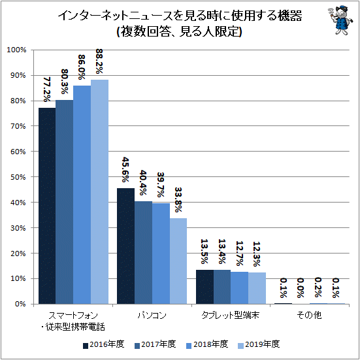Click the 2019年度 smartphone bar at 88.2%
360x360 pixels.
tap(100, 191)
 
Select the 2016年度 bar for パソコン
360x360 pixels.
tap(126, 246)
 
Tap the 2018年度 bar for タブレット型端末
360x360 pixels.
tap(240, 288)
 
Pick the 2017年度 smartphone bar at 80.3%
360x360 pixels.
tap(65, 202)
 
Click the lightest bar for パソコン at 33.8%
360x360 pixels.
tap(178, 261)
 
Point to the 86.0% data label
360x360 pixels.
tap(82, 67)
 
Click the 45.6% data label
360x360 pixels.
tap(125, 169)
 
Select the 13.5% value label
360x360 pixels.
tap(205, 252)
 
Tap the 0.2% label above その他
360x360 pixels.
tap(318, 287)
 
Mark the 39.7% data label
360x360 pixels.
tap(161, 185)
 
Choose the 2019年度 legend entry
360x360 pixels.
tap(259, 344)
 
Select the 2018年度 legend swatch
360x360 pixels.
tap(189, 346)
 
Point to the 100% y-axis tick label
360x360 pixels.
tap(16, 50)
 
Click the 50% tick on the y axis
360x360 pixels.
tap(18, 177)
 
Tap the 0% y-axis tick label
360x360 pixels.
tap(20, 304)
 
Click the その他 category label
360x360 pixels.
tap(309, 315)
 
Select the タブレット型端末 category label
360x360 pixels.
tap(231, 315)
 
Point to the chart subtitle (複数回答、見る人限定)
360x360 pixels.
tap(180, 31)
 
